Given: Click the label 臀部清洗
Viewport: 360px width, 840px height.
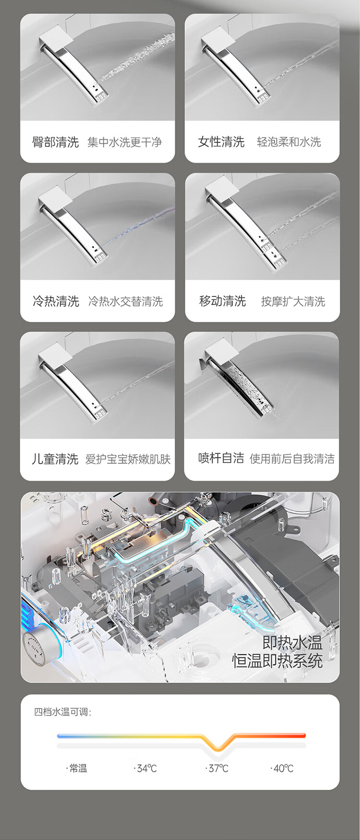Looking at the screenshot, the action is coord(55,142).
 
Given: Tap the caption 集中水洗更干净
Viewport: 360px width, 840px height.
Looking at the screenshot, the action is coord(125,142).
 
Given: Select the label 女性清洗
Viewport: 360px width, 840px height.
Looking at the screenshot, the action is coord(221,142).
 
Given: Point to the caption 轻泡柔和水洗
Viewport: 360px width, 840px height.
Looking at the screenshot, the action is coord(289,142).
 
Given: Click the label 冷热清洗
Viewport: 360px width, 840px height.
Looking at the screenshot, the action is coord(56,301).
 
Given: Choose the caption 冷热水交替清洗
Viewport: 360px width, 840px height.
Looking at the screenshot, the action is coord(126,301).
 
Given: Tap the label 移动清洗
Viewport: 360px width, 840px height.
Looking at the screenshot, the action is coord(222,301).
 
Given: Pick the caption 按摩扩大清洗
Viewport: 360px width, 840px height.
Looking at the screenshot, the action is coord(293,301).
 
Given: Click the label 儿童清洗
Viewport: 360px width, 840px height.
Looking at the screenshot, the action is coord(55,459).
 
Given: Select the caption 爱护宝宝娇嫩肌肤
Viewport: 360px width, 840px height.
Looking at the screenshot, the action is coord(128,459).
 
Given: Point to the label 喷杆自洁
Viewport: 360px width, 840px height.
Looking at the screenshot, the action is coord(221,458).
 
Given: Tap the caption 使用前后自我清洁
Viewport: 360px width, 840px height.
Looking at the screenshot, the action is coord(292,459).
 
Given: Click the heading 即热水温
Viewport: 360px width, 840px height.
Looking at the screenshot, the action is coord(292,642).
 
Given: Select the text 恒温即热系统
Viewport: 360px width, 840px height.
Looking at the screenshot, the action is coord(277,661).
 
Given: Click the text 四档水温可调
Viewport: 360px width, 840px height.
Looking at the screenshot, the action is coord(62,711).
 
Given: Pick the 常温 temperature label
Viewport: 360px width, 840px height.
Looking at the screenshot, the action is coord(77,768).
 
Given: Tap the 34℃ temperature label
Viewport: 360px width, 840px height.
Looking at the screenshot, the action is coord(145,768).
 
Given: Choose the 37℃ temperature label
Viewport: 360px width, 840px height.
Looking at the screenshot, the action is coord(217,768).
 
